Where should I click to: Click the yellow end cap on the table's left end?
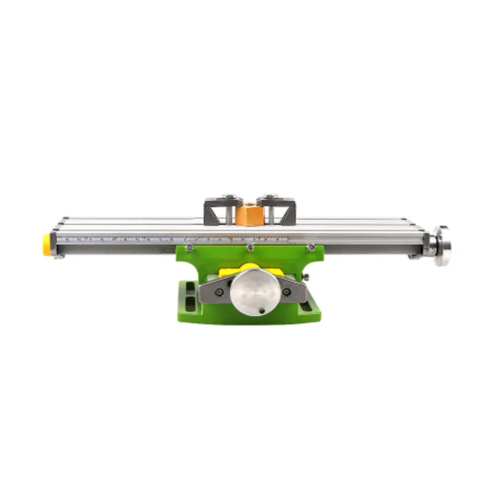[47, 244]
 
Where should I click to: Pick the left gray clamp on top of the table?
[219, 209]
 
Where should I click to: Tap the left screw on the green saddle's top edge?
[190, 248]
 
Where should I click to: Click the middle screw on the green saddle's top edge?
[250, 248]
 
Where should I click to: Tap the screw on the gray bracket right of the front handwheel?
[287, 292]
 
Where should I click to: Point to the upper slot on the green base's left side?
[190, 288]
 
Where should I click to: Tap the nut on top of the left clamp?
[228, 197]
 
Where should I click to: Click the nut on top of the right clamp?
[270, 197]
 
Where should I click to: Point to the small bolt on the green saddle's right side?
[304, 277]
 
